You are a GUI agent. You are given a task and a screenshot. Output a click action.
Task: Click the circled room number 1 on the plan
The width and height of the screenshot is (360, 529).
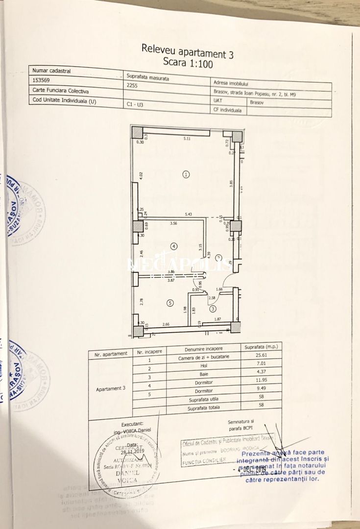[186, 173]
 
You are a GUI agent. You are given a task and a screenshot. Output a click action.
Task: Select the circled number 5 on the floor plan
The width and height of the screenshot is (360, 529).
[170, 303]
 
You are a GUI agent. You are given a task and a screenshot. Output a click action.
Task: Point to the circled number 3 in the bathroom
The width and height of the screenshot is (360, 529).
[212, 309]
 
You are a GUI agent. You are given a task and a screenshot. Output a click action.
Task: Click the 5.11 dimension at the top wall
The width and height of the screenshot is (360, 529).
[187, 139]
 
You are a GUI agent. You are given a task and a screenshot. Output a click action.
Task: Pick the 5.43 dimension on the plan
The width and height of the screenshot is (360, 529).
[189, 215]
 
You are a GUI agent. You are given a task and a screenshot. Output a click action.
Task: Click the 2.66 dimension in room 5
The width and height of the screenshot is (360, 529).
[166, 324]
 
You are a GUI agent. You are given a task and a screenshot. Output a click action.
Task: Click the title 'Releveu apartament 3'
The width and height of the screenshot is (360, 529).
[187, 50]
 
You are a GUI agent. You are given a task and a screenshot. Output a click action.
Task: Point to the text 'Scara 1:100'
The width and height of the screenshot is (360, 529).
[188, 63]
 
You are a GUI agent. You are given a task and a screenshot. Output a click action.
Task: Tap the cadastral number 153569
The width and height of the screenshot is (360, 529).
[41, 80]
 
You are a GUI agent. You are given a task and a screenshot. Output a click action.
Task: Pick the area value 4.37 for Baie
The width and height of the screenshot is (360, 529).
[259, 371]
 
